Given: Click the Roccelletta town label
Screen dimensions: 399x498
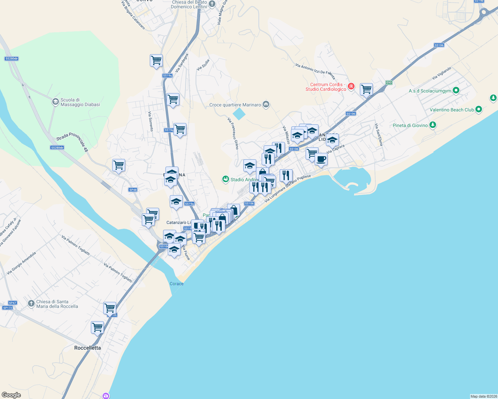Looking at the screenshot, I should [87, 348].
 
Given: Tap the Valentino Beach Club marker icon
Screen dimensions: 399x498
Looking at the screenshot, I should [479, 109].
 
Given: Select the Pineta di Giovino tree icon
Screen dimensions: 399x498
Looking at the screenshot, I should [432, 125].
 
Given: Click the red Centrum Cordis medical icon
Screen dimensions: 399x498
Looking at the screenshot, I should [351, 87].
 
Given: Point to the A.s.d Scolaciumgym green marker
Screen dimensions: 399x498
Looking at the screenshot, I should [456, 90].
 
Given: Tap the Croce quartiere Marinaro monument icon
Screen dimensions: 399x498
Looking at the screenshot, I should [266, 105].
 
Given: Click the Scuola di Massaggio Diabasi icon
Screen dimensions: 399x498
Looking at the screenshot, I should [56, 102].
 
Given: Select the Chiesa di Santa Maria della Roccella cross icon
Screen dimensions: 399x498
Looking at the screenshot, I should [31, 304].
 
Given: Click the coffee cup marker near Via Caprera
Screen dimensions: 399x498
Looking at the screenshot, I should [321, 159].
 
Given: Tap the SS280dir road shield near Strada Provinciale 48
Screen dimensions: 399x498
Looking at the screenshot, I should [57, 148].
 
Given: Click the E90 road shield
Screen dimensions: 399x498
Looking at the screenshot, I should [389, 82].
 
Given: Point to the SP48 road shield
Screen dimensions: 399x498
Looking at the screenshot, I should [133, 190].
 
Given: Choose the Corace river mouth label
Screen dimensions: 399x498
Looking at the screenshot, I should [176, 284].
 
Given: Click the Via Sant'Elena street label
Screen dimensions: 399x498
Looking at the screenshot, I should [379, 135].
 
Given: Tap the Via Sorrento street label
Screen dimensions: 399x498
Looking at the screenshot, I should [150, 121].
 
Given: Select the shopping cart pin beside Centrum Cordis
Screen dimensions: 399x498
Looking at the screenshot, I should [366, 89].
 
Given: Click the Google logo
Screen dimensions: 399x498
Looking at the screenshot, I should [11, 395].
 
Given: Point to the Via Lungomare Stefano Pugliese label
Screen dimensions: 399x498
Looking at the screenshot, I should [288, 189].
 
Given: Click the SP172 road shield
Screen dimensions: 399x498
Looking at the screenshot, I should [7, 308].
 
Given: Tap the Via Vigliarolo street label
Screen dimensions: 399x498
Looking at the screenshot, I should [441, 73].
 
